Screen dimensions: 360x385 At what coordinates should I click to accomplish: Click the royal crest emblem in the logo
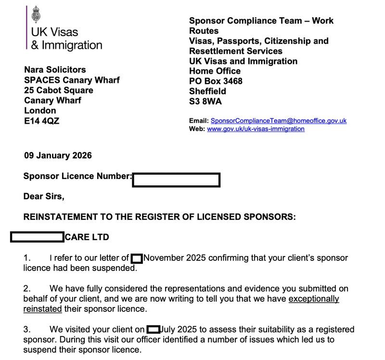click(36, 14)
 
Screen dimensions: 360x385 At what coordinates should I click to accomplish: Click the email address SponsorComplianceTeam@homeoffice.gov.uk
click(279, 121)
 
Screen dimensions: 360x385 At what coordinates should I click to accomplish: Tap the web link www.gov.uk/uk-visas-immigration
click(256, 129)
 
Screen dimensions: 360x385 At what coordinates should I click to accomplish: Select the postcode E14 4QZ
click(42, 121)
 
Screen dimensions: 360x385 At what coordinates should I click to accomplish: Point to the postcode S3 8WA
click(205, 101)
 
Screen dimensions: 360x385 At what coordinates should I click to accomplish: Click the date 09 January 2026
click(58, 155)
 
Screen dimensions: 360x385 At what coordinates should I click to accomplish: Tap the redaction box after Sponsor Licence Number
click(176, 180)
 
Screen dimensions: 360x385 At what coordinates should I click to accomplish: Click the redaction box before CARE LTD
click(37, 237)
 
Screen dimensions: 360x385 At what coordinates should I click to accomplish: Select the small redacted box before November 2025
click(137, 258)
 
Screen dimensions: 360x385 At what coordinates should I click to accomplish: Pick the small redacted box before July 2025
click(153, 330)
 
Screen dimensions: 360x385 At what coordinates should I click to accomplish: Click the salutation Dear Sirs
click(43, 196)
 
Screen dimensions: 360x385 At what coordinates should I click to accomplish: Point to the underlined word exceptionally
click(314, 299)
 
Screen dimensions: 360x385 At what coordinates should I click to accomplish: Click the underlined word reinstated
click(43, 309)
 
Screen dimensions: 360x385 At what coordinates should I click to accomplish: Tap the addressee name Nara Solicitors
click(55, 70)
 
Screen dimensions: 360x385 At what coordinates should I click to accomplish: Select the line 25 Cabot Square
click(59, 90)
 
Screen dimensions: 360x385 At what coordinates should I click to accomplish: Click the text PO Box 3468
click(216, 81)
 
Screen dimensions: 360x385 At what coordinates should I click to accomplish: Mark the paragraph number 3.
click(27, 330)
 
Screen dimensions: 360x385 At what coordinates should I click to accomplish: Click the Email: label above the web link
click(199, 121)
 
